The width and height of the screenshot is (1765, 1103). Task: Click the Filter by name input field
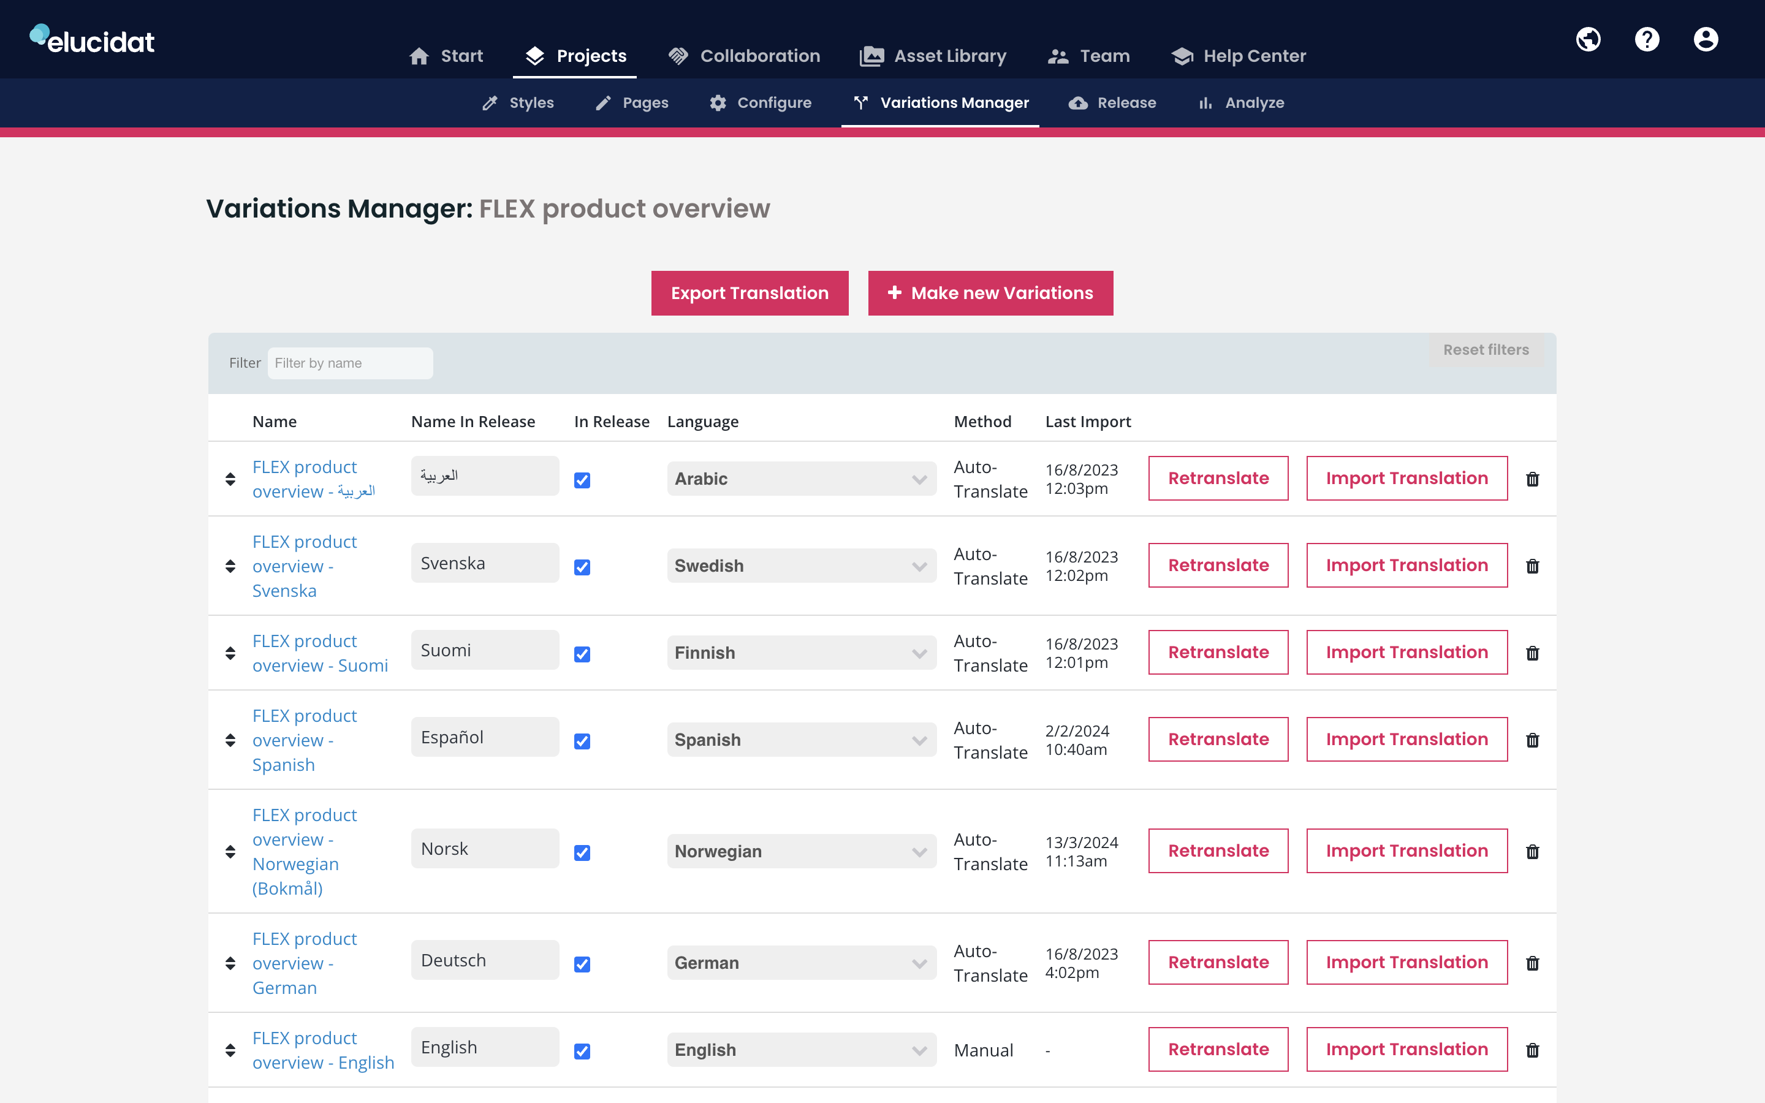349,363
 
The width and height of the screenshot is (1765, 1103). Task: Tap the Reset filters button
1486,350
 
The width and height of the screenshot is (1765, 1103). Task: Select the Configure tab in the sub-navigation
760,103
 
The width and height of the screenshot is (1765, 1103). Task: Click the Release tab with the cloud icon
1112,103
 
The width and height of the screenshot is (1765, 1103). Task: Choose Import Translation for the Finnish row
1406,652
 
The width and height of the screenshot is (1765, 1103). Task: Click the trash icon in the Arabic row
1532,479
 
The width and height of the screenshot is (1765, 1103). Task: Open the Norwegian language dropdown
801,851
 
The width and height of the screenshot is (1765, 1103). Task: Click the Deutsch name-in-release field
485,960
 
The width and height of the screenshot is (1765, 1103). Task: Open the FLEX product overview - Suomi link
319,653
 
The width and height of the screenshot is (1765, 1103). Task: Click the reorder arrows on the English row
230,1050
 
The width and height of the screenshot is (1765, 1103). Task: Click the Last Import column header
1087,422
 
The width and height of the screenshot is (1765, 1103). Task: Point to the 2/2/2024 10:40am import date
1077,740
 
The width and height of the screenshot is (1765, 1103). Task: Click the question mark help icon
1647,39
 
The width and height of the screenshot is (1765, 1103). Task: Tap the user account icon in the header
1705,39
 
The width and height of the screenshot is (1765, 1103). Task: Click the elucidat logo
92,39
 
